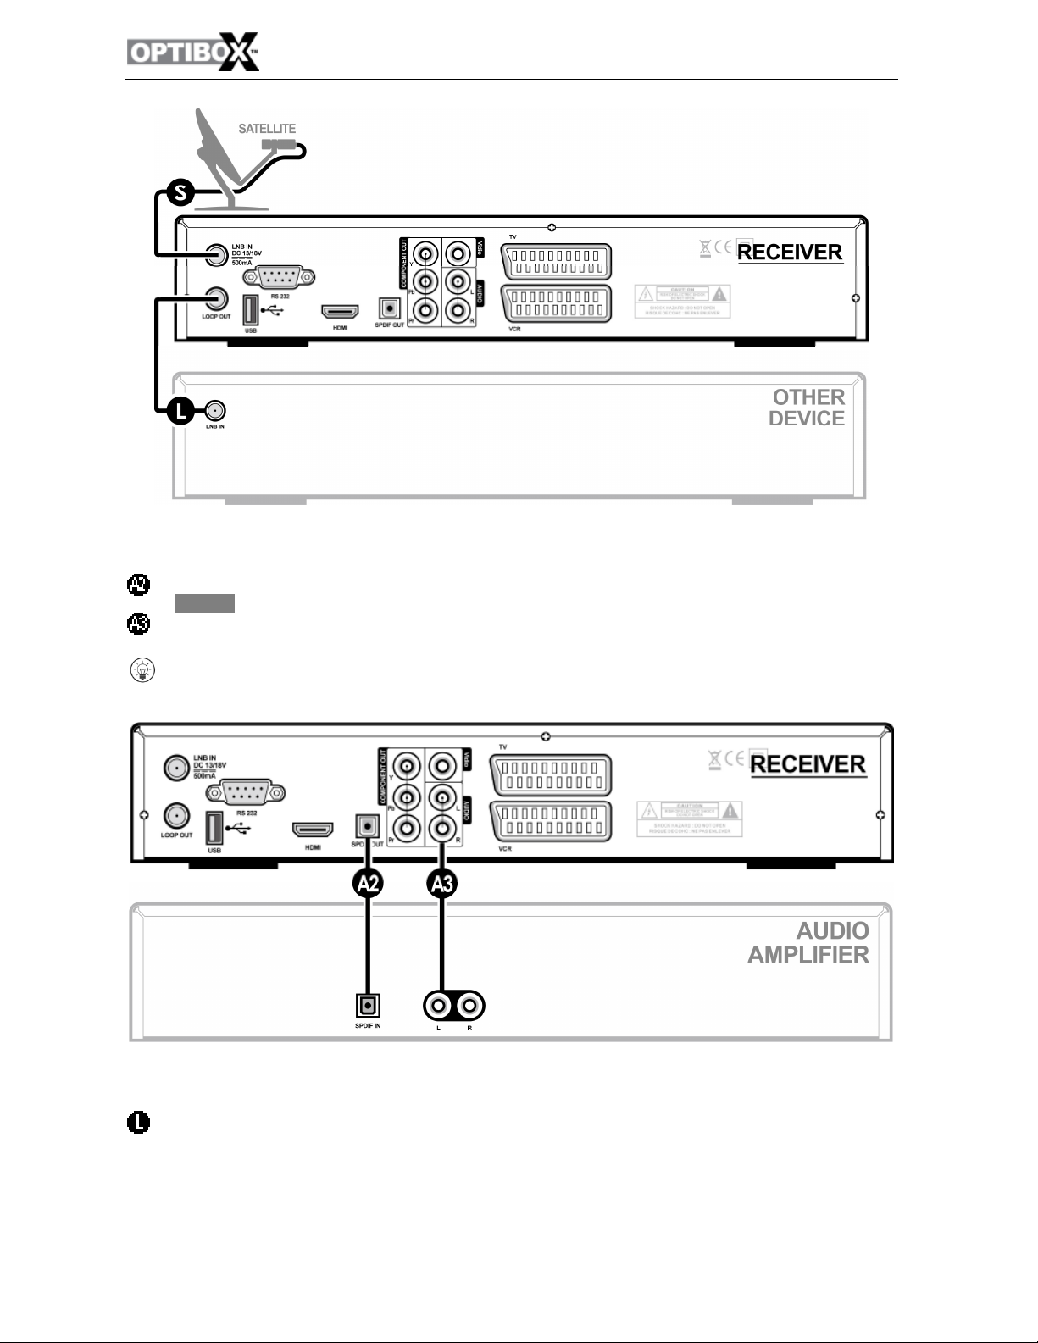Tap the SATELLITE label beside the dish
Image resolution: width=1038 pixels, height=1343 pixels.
pos(267,129)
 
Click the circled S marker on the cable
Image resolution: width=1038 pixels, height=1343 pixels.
pos(180,194)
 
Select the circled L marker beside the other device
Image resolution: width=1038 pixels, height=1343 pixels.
pos(180,412)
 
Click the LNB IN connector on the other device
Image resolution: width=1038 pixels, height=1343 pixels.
pos(215,412)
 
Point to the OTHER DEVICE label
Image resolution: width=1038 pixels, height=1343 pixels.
pos(807,408)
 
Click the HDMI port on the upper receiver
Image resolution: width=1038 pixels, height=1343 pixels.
pos(339,312)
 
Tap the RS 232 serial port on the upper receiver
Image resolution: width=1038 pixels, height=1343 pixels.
pos(279,277)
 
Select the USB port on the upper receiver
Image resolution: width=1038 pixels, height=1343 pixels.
pos(251,310)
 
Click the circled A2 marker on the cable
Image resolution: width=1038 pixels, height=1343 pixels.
pos(368,885)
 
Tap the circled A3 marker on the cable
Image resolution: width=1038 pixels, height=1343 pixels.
pos(441,885)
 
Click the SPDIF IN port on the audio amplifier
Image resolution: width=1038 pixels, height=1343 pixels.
pos(368,1005)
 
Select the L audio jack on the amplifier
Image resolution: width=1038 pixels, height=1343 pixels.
pos(439,1006)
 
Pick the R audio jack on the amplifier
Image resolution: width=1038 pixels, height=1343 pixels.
pos(469,1006)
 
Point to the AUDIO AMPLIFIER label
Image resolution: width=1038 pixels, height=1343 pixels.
pos(808,942)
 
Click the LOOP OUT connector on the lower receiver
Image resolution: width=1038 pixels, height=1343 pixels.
pos(176,816)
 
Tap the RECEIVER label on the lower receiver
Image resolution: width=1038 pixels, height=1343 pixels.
pos(808,764)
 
